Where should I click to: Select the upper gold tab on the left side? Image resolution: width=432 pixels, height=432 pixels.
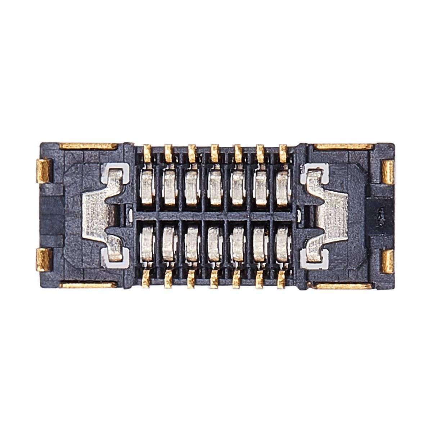pos(44,171)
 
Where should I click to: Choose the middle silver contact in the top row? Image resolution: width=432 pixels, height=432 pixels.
pos(215,187)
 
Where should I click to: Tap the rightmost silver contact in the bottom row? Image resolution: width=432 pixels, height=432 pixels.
pos(283,245)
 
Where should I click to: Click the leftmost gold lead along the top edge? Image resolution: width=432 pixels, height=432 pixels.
pos(147,152)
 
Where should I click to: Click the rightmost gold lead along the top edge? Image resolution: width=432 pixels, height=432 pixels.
pos(283,152)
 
